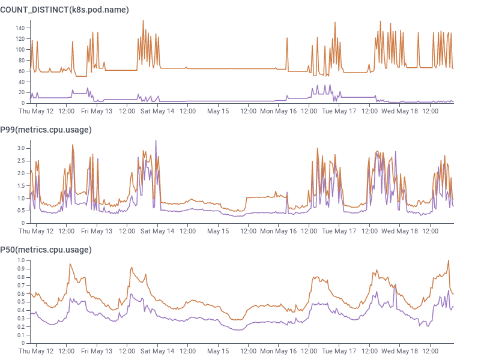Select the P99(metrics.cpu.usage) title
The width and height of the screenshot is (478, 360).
(x=46, y=130)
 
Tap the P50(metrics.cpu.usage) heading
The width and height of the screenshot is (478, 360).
(x=46, y=250)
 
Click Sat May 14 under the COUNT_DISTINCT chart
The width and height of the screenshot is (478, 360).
(x=157, y=111)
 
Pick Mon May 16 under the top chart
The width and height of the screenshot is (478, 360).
(x=279, y=111)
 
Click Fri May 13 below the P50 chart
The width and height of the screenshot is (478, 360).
(x=97, y=351)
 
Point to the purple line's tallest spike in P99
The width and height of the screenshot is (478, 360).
(x=156, y=140)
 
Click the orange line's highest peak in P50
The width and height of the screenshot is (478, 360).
(x=448, y=260)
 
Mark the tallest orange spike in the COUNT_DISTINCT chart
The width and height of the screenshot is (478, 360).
(x=143, y=20)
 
